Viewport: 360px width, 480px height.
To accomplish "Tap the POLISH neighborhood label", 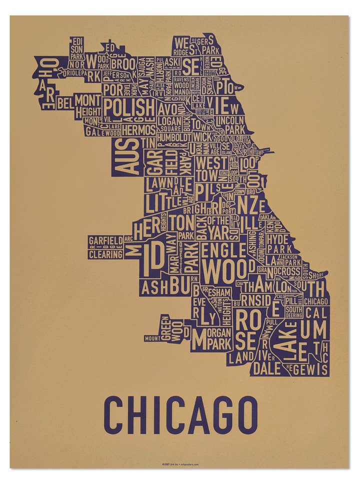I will [x=129, y=107].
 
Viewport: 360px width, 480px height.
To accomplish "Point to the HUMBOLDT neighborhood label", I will [x=173, y=137].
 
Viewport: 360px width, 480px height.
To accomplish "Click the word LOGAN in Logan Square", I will [x=169, y=120].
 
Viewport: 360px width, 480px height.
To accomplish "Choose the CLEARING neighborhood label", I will [x=105, y=254].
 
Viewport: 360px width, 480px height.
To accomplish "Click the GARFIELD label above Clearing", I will [x=105, y=240].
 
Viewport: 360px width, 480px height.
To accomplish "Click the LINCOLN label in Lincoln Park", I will [x=230, y=120].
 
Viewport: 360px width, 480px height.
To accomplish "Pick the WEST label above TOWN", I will [x=211, y=162].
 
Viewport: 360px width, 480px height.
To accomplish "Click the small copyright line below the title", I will [x=180, y=464].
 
